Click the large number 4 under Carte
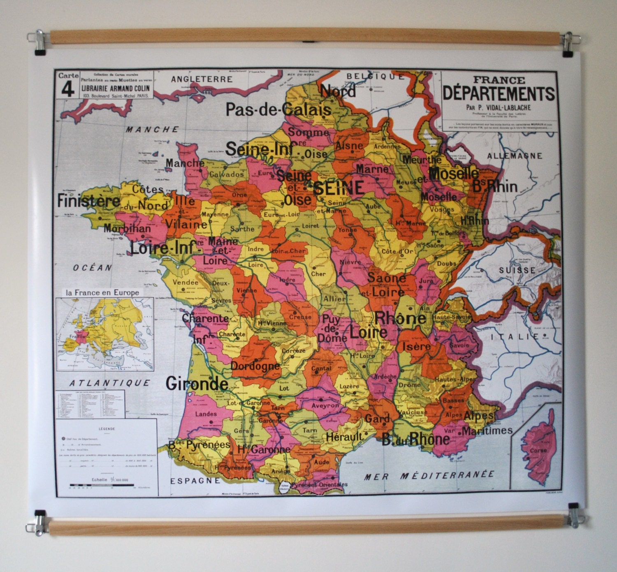pyautogui.click(x=67, y=89)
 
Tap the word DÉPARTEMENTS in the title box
pyautogui.click(x=499, y=94)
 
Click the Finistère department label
pyautogui.click(x=88, y=200)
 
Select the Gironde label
pyautogui.click(x=197, y=384)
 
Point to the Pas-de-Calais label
pyautogui.click(x=278, y=109)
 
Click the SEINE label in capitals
pyautogui.click(x=339, y=188)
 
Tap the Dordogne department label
pyautogui.click(x=255, y=366)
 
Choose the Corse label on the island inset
pyautogui.click(x=538, y=450)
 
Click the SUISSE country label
pyautogui.click(x=517, y=270)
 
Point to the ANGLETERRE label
pyautogui.click(x=202, y=79)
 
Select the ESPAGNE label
pyautogui.click(x=195, y=480)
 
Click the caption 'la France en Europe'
pyautogui.click(x=102, y=292)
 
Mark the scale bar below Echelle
pyautogui.click(x=102, y=485)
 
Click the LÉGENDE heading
pyautogui.click(x=107, y=428)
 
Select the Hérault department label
pyautogui.click(x=344, y=436)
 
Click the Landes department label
pyautogui.click(x=206, y=414)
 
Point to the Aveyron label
pyautogui.click(x=325, y=405)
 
